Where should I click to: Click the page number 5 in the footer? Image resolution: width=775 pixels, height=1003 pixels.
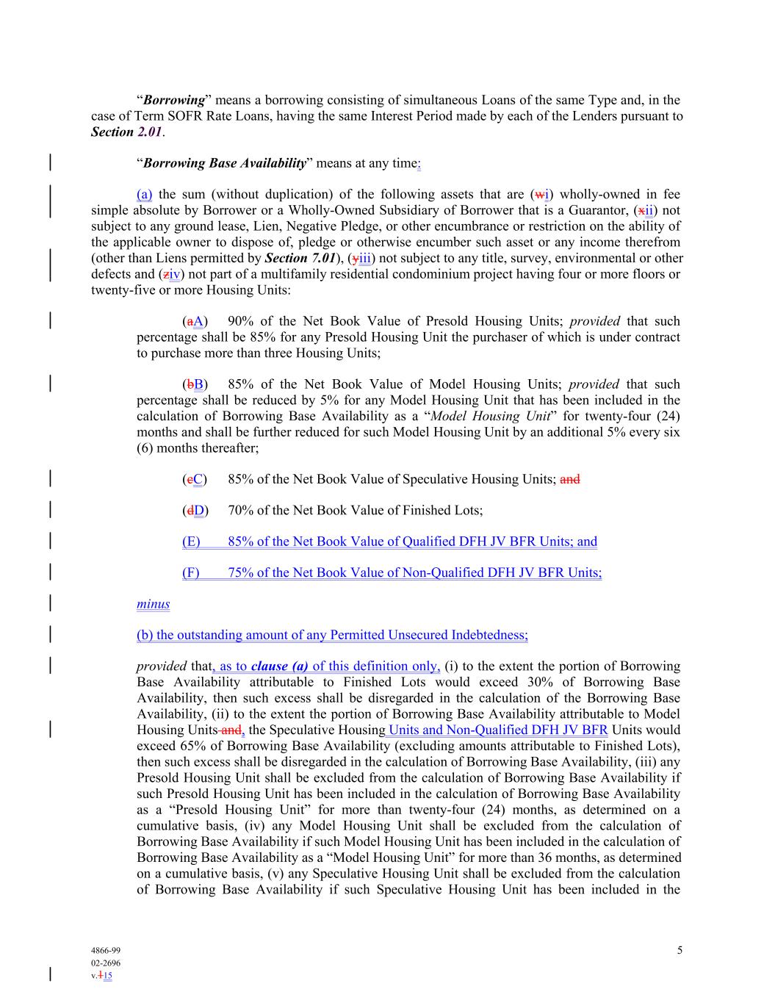[680, 950]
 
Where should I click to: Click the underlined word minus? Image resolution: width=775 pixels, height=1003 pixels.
[153, 604]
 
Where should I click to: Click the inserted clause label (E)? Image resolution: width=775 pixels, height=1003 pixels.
[191, 542]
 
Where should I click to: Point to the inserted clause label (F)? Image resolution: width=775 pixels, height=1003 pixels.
[191, 572]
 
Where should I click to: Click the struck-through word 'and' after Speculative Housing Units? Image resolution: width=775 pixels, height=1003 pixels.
[570, 479]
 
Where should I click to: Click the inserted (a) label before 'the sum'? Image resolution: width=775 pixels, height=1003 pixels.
[145, 194]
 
